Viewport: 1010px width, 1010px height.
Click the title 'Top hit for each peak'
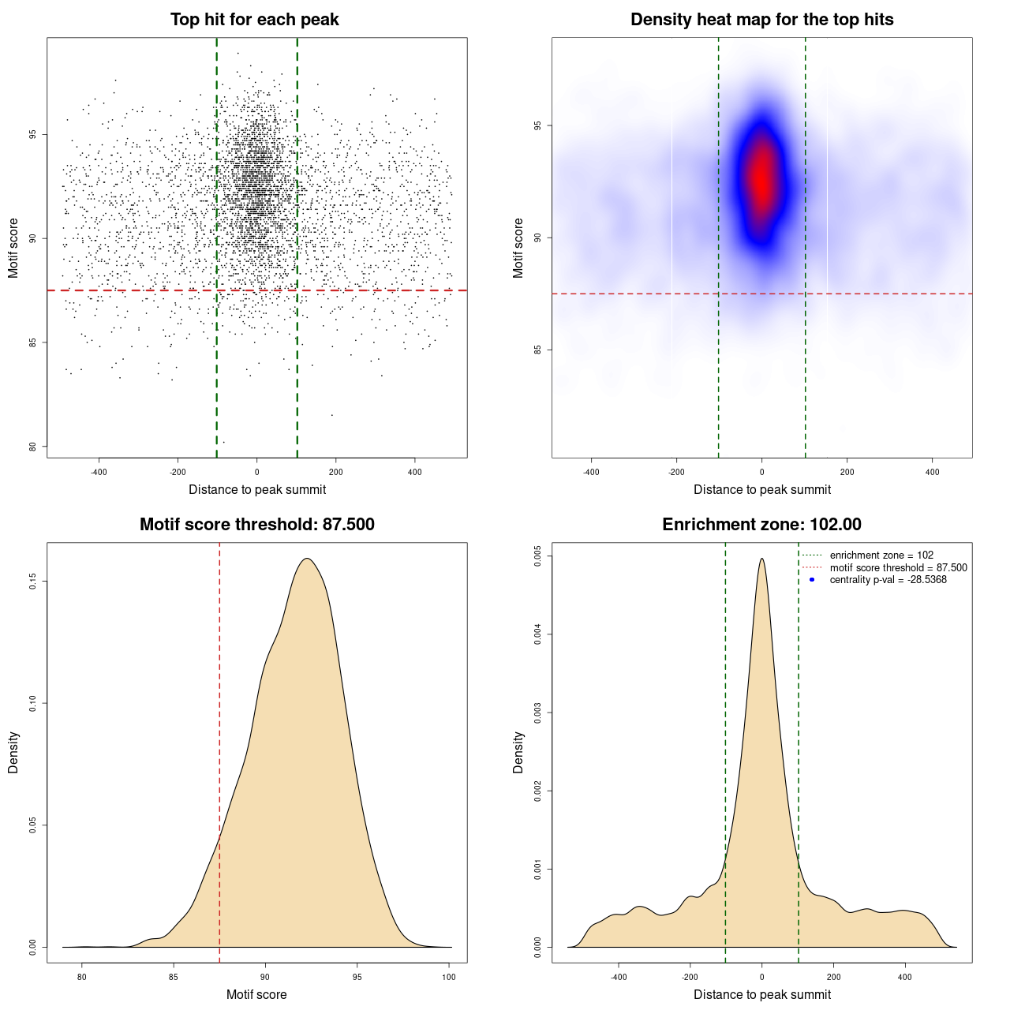tap(254, 20)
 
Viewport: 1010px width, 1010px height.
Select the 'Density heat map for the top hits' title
tap(761, 20)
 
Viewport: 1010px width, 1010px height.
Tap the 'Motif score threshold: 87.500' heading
tap(256, 525)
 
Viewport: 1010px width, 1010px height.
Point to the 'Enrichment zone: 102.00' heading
tap(761, 525)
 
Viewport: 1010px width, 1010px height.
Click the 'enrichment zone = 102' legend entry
tap(881, 555)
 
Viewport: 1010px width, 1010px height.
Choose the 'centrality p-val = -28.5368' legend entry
tap(888, 580)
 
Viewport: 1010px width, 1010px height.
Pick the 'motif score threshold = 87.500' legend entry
tap(898, 568)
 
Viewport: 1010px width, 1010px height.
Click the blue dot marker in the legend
tap(812, 580)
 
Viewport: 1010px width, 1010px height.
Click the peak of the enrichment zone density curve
tap(761, 559)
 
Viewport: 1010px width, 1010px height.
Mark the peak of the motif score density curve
tap(308, 559)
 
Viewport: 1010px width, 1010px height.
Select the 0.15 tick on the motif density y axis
tap(33, 582)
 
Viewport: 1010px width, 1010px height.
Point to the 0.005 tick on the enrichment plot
tap(538, 556)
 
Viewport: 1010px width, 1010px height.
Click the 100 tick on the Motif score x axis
tap(449, 977)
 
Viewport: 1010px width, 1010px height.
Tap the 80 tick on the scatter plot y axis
tap(33, 447)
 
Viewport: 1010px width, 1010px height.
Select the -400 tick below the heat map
tap(591, 472)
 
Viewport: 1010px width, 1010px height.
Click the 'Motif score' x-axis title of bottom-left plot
tap(256, 994)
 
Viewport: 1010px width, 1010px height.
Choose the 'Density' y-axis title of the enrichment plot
tap(518, 752)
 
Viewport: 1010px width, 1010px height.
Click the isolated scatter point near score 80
tap(223, 442)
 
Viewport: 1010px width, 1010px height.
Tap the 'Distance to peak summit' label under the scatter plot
tap(257, 489)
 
